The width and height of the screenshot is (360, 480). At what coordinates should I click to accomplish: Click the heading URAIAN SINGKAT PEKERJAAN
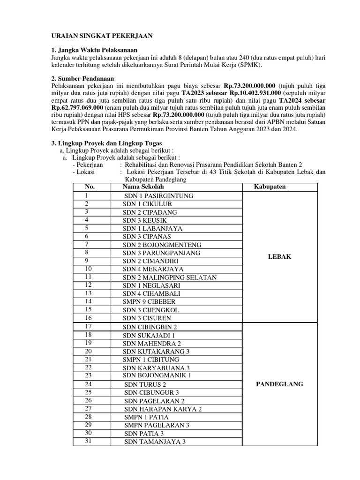(x=102, y=36)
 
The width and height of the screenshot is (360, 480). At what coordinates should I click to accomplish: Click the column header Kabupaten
(x=270, y=187)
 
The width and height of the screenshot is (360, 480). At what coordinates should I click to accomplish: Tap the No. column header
(x=90, y=187)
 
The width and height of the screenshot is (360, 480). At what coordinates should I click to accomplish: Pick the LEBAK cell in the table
(x=280, y=256)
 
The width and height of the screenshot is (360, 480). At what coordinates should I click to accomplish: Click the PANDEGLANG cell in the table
(x=280, y=384)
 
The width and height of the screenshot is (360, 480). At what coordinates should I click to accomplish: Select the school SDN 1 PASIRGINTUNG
(x=158, y=195)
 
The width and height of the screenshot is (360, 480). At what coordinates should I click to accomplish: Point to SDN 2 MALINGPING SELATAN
(x=170, y=277)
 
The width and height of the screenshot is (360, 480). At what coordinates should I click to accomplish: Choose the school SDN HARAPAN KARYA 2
(x=163, y=409)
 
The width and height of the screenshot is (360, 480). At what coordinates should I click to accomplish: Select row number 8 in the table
(x=87, y=253)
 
